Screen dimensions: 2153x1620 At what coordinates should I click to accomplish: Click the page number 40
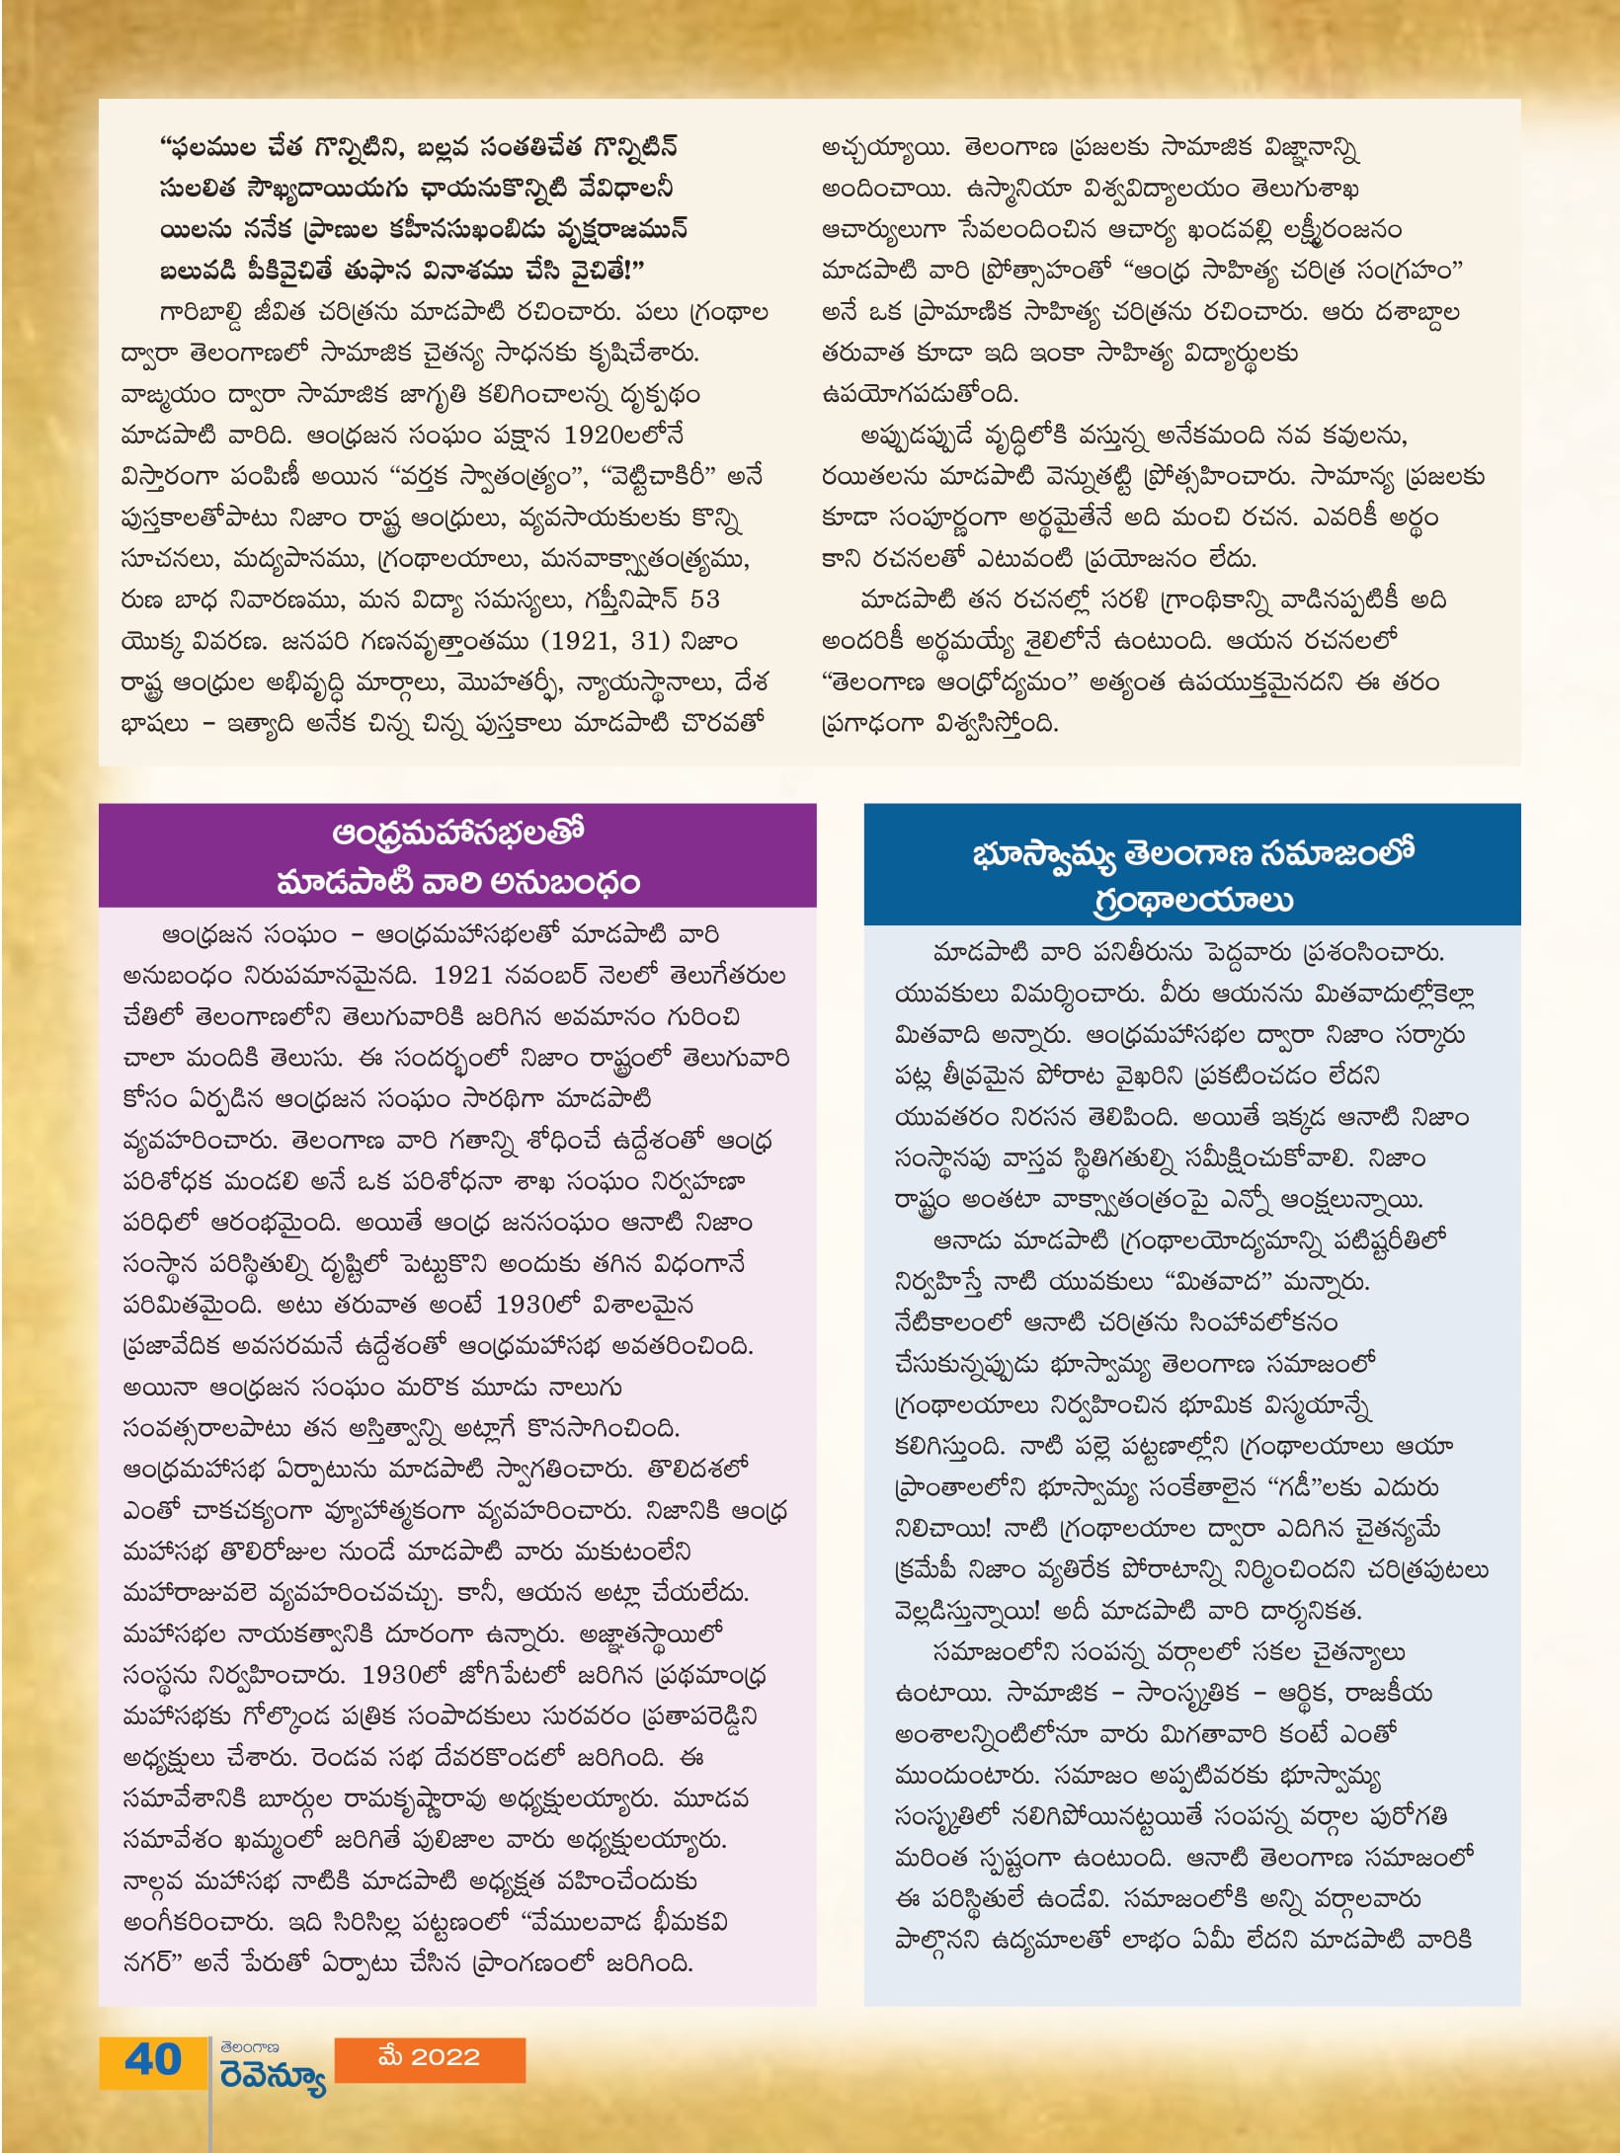[153, 2060]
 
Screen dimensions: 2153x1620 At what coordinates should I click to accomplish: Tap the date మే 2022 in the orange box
[429, 2057]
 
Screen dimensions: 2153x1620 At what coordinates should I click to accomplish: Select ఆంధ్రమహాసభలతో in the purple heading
[458, 834]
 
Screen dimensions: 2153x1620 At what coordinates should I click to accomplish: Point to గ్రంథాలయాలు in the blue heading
[1193, 901]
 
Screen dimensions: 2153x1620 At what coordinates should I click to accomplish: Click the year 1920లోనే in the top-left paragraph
[623, 436]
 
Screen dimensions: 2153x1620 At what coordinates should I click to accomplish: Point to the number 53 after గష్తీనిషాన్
[705, 599]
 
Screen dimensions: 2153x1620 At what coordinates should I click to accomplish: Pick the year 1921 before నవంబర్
[462, 976]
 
